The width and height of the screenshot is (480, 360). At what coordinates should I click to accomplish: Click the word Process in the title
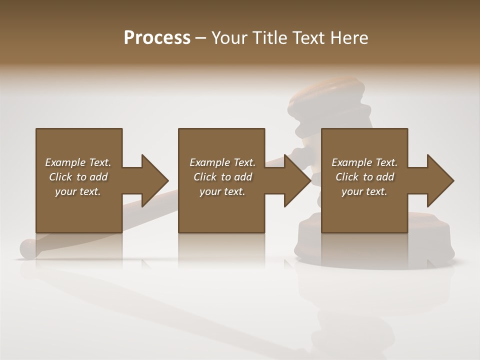157,38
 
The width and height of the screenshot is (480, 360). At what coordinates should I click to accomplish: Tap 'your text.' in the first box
78,191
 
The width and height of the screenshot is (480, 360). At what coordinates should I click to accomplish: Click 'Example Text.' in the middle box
222,162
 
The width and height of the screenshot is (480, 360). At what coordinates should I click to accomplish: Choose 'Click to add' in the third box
365,177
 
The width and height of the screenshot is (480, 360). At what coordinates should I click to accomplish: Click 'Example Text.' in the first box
78,162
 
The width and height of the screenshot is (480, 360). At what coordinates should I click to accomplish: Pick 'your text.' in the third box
364,191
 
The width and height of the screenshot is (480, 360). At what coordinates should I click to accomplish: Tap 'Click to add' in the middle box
222,177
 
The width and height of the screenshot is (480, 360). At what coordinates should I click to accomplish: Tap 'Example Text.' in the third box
364,162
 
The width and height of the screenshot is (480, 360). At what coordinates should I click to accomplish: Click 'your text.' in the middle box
222,191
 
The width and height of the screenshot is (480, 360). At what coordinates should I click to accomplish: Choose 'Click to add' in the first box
78,177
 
